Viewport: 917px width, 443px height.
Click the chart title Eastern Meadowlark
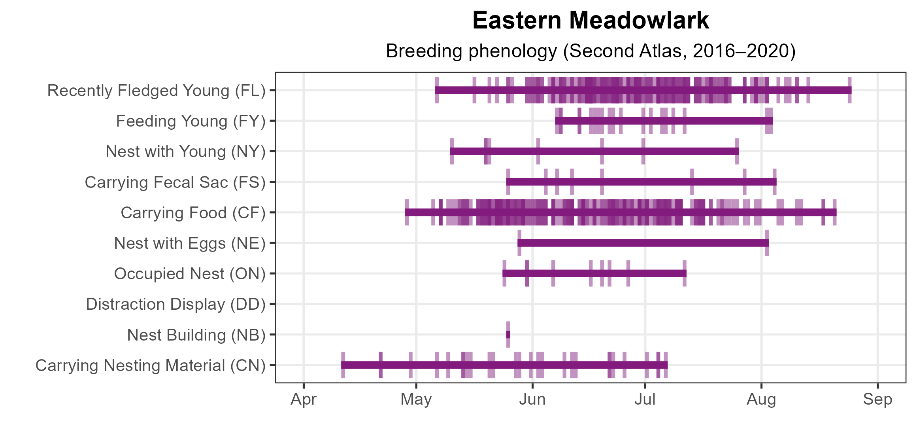(x=591, y=20)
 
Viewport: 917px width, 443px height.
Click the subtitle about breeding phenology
(x=591, y=51)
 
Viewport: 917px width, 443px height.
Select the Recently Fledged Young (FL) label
(x=157, y=91)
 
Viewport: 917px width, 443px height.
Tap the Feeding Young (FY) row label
(x=191, y=121)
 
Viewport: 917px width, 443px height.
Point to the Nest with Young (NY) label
(x=186, y=151)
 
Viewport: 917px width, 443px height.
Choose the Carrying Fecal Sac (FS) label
(x=175, y=182)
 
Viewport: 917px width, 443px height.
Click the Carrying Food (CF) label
(x=193, y=213)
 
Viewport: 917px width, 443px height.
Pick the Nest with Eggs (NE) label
(x=190, y=243)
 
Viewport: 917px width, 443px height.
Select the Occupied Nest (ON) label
(x=190, y=274)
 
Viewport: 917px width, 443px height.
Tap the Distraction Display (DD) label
(x=176, y=304)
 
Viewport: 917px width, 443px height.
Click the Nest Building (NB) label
(x=196, y=335)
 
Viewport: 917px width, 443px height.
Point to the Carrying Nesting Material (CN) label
(x=151, y=365)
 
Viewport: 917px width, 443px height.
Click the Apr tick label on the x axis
(x=304, y=399)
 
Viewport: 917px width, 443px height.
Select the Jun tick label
(x=532, y=399)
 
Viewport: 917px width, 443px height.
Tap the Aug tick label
(x=761, y=399)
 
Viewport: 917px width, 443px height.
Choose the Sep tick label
(x=877, y=399)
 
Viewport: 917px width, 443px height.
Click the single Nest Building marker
(x=508, y=335)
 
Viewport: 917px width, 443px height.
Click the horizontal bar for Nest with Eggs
(x=643, y=243)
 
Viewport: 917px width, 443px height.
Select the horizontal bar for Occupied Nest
(x=594, y=273)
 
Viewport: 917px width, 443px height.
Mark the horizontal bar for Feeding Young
(x=664, y=121)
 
